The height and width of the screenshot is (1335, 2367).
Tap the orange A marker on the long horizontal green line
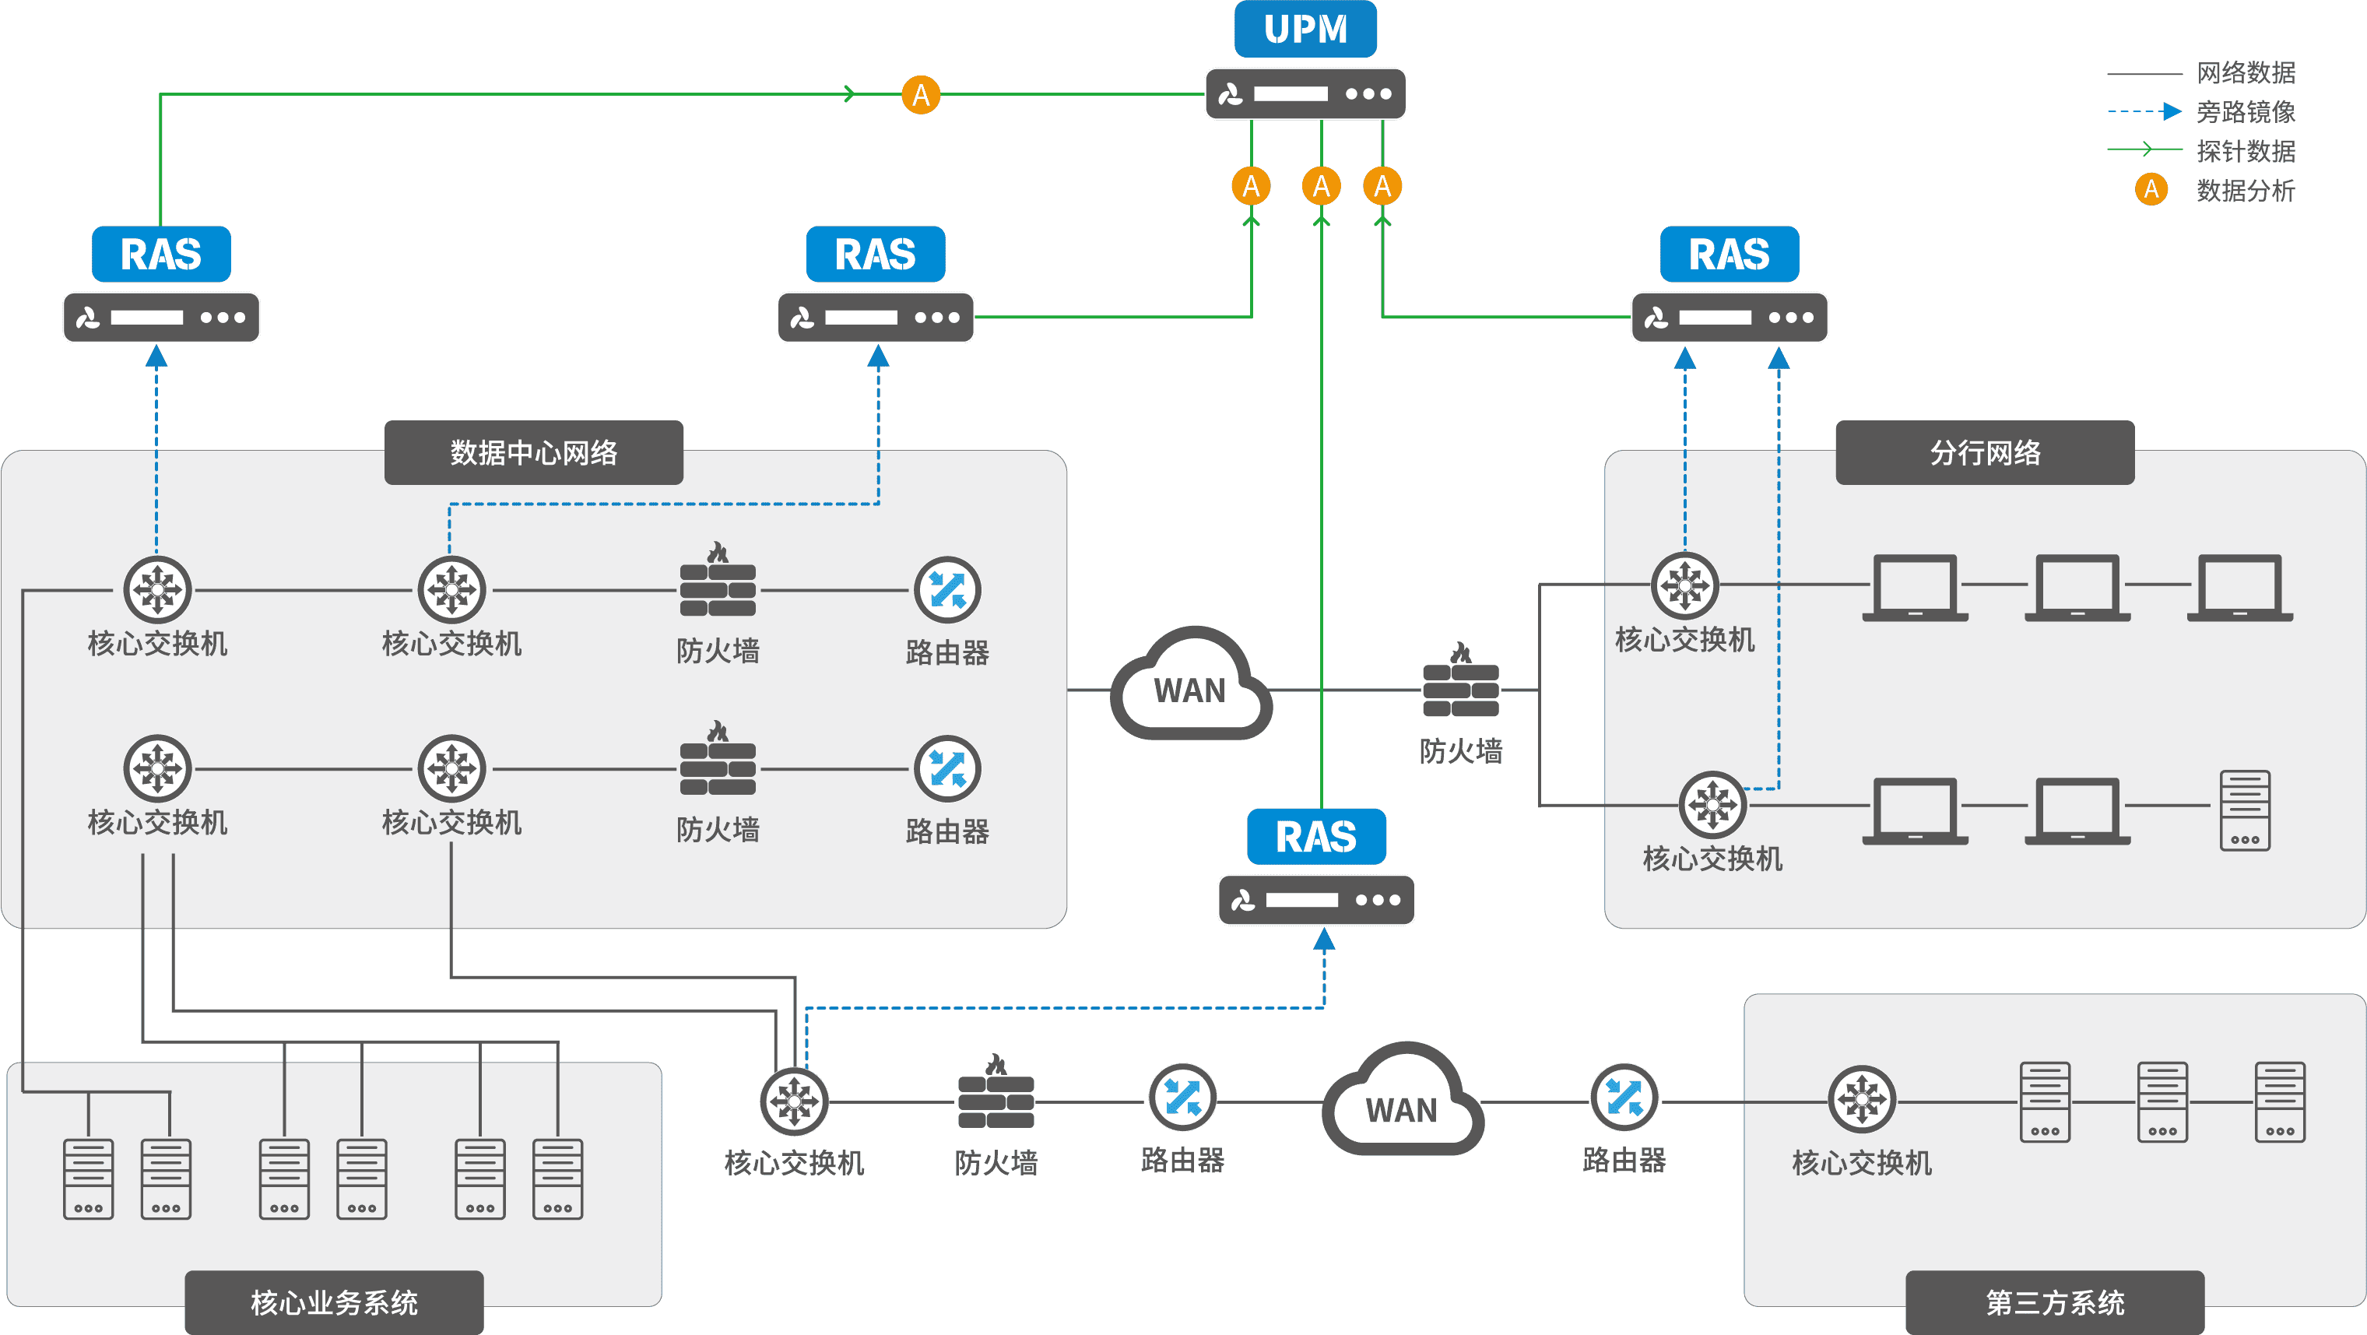[x=921, y=95]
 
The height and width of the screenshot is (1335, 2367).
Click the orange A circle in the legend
[x=2151, y=189]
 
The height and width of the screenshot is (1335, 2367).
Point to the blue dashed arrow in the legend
[x=2144, y=111]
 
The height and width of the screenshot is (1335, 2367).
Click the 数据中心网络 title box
[x=533, y=452]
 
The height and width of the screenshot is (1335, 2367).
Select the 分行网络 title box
[x=1985, y=452]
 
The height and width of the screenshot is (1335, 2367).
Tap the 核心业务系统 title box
[x=334, y=1302]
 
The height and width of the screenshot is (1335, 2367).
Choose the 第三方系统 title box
[x=2055, y=1302]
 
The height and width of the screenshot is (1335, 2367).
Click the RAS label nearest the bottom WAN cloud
[x=1315, y=836]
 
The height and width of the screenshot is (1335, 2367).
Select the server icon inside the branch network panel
[x=2245, y=810]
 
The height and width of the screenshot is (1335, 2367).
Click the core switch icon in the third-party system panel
[x=1862, y=1100]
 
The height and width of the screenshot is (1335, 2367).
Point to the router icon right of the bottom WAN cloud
[x=1624, y=1098]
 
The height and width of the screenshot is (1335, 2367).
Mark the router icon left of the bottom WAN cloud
[x=1182, y=1098]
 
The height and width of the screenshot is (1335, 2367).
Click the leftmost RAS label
[x=161, y=255]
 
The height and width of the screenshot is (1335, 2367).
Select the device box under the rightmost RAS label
[x=1730, y=318]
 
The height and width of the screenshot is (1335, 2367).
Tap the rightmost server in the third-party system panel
[x=2280, y=1102]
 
